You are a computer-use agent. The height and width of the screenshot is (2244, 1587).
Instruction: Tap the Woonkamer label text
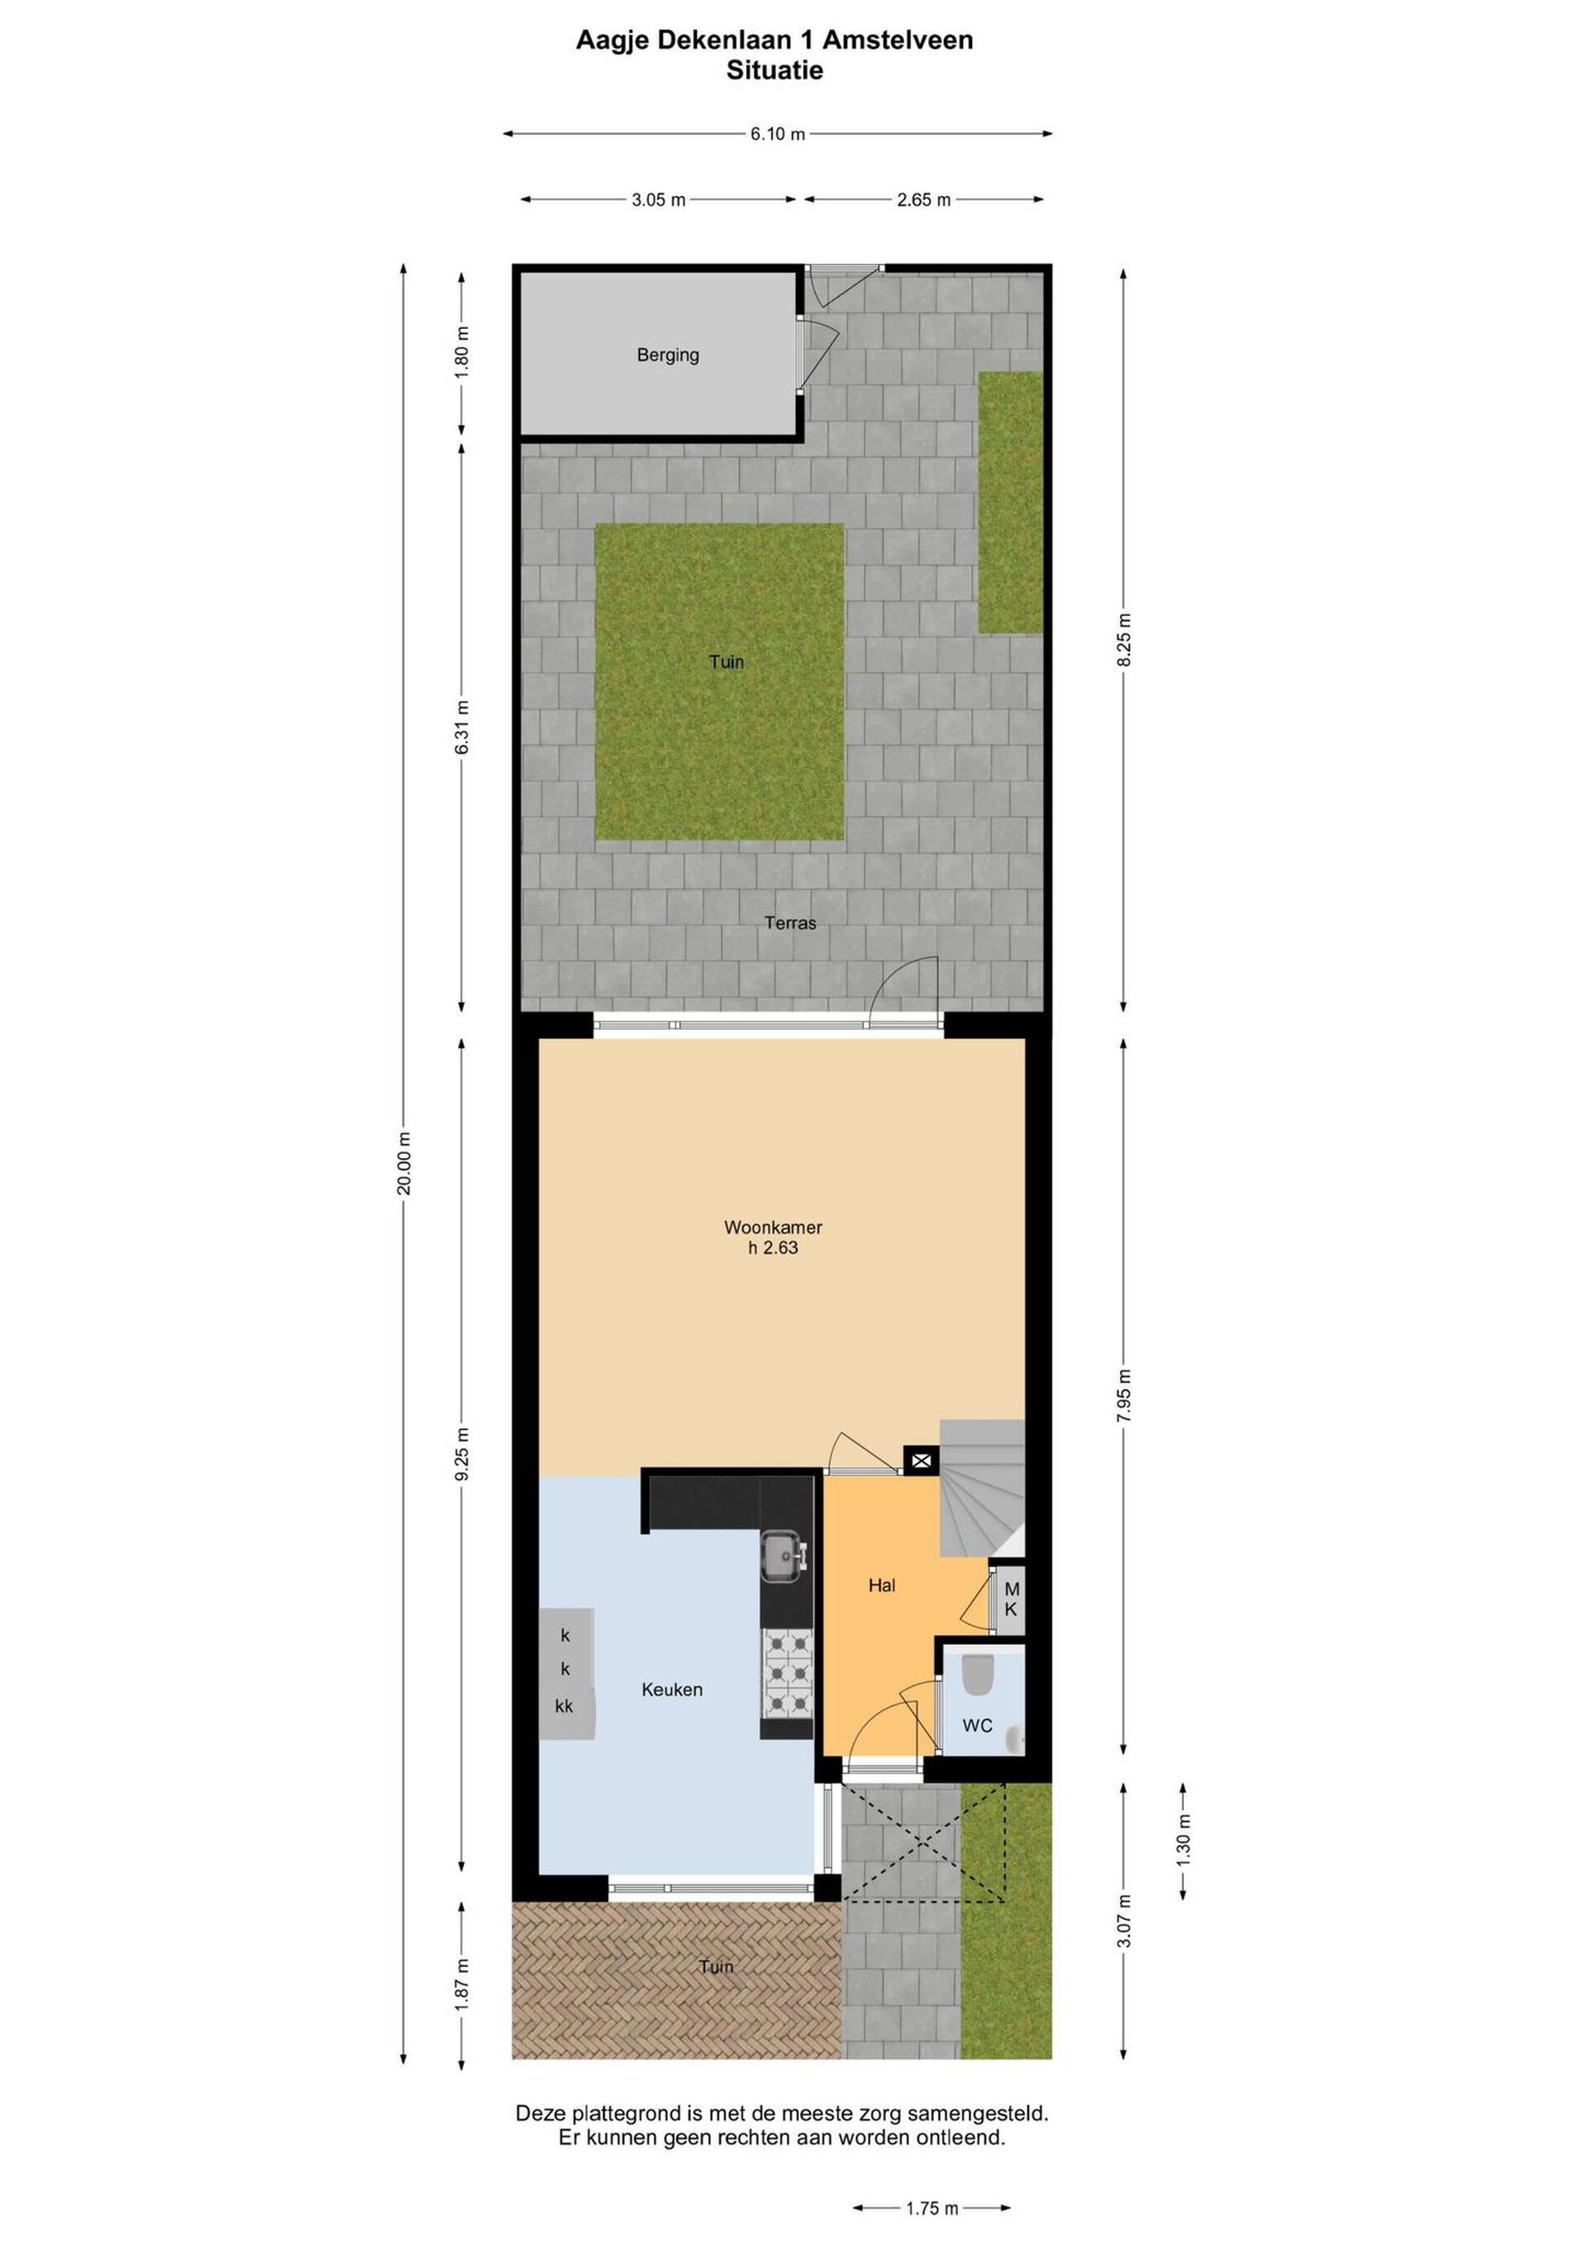coord(772,1227)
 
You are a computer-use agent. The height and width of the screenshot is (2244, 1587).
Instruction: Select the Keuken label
coord(671,1689)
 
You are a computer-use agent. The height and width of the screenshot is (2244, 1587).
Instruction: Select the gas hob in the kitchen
coord(787,1675)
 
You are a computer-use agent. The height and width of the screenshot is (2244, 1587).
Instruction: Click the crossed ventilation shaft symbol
coord(921,1461)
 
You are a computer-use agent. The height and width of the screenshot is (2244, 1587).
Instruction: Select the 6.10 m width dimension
coord(778,134)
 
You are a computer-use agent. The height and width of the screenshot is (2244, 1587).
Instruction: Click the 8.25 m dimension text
coord(1124,641)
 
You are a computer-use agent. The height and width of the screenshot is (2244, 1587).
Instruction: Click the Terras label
coord(789,922)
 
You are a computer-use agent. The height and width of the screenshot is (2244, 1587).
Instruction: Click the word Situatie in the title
coord(774,70)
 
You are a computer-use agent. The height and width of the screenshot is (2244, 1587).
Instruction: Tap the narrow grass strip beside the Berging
coord(1010,502)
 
